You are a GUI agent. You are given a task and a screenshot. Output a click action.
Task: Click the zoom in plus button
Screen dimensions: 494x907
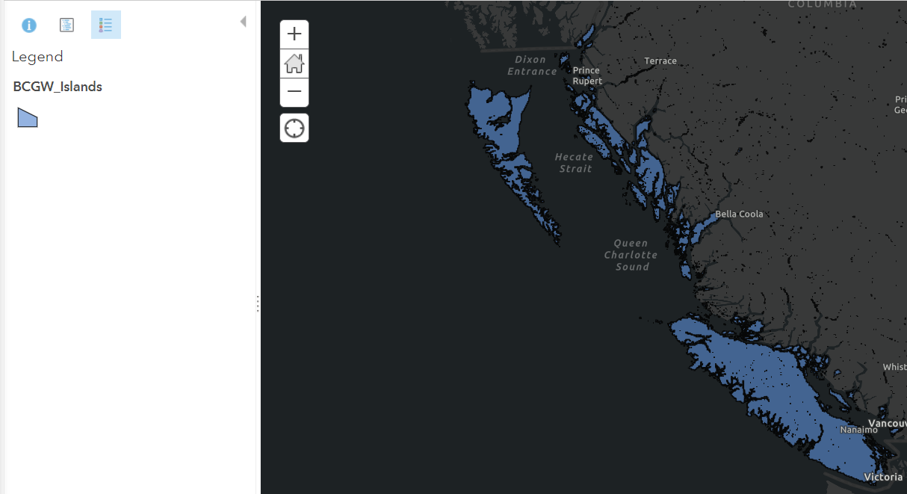pos(294,34)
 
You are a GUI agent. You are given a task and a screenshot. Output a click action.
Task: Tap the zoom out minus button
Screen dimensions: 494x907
pos(294,92)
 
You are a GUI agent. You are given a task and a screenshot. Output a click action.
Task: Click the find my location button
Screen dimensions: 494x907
pos(294,128)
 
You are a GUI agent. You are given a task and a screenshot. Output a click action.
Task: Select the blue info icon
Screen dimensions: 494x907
pos(29,25)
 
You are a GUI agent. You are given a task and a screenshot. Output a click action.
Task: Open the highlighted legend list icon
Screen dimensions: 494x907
pos(105,25)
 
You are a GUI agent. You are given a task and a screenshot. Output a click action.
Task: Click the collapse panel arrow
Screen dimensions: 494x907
pos(243,22)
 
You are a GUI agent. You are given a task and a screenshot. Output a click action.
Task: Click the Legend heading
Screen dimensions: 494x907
pos(37,57)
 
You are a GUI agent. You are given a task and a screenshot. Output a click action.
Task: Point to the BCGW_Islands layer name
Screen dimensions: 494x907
pos(58,87)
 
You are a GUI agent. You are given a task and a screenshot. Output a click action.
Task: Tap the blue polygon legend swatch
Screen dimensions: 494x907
pos(28,117)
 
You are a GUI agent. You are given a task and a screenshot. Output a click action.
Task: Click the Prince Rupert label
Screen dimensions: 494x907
pos(586,75)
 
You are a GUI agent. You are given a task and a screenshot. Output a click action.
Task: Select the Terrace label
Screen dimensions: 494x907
pos(660,61)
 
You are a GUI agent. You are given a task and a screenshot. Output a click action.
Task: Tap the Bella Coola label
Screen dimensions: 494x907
pos(739,214)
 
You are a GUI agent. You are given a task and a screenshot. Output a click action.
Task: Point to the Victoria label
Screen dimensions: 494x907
pos(883,477)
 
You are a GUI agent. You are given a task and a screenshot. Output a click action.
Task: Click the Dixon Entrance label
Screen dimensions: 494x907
pos(532,66)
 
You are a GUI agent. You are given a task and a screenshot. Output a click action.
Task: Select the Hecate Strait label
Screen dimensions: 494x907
pos(574,163)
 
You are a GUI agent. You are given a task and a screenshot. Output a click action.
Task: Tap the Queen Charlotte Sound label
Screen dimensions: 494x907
pos(631,255)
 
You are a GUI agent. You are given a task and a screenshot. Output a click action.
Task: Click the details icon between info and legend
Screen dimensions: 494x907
pos(67,25)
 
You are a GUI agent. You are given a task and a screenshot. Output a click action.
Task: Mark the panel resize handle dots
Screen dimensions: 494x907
pos(258,303)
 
